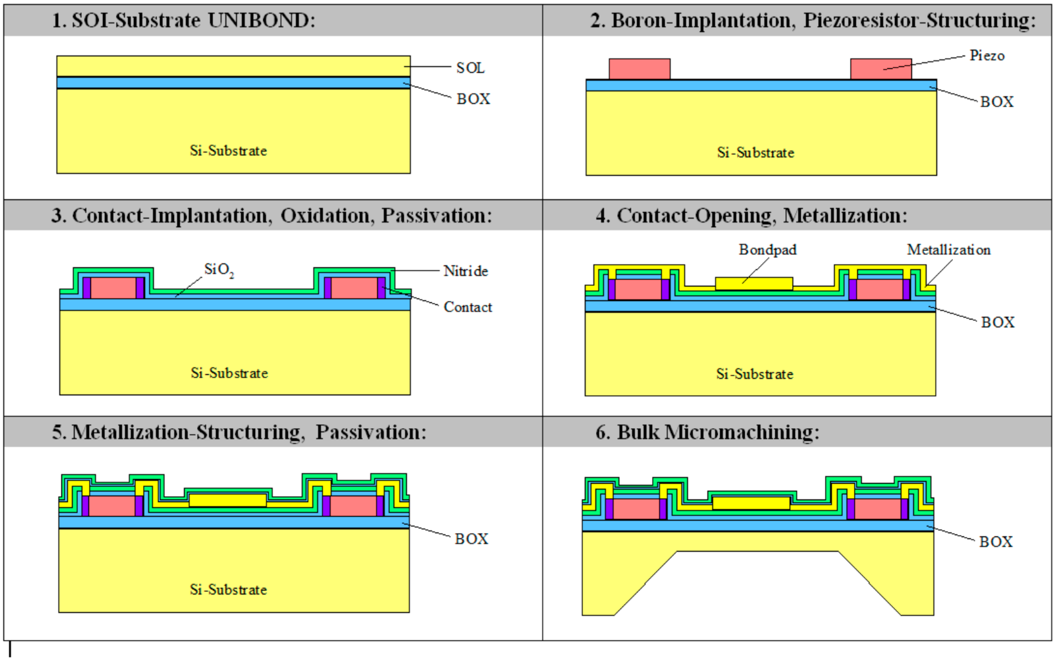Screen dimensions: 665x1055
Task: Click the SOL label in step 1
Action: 470,68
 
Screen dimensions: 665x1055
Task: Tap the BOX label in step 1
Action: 473,99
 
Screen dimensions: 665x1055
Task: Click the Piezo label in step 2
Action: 987,56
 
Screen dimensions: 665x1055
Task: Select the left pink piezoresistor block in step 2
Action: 639,69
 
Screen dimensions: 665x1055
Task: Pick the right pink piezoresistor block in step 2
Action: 881,69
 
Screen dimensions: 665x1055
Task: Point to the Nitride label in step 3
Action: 465,271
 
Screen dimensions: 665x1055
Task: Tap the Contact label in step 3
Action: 467,307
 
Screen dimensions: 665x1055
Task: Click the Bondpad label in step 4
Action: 767,250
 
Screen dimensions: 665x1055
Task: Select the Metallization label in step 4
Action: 949,250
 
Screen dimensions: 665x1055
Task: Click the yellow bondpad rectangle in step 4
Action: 753,284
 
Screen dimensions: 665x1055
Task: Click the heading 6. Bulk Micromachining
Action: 707,432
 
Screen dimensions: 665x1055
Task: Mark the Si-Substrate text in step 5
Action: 228,589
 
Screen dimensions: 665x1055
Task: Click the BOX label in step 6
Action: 995,542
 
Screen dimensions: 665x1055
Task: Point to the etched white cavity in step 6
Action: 757,583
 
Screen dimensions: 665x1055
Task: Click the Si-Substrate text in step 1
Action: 228,151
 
